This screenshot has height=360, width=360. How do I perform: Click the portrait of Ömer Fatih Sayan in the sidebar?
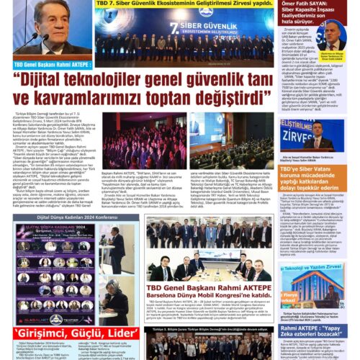(x=331, y=36)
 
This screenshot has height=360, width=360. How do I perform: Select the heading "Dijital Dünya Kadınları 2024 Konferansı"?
(x=68, y=216)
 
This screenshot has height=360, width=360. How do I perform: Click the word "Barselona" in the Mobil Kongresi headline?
(x=176, y=294)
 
